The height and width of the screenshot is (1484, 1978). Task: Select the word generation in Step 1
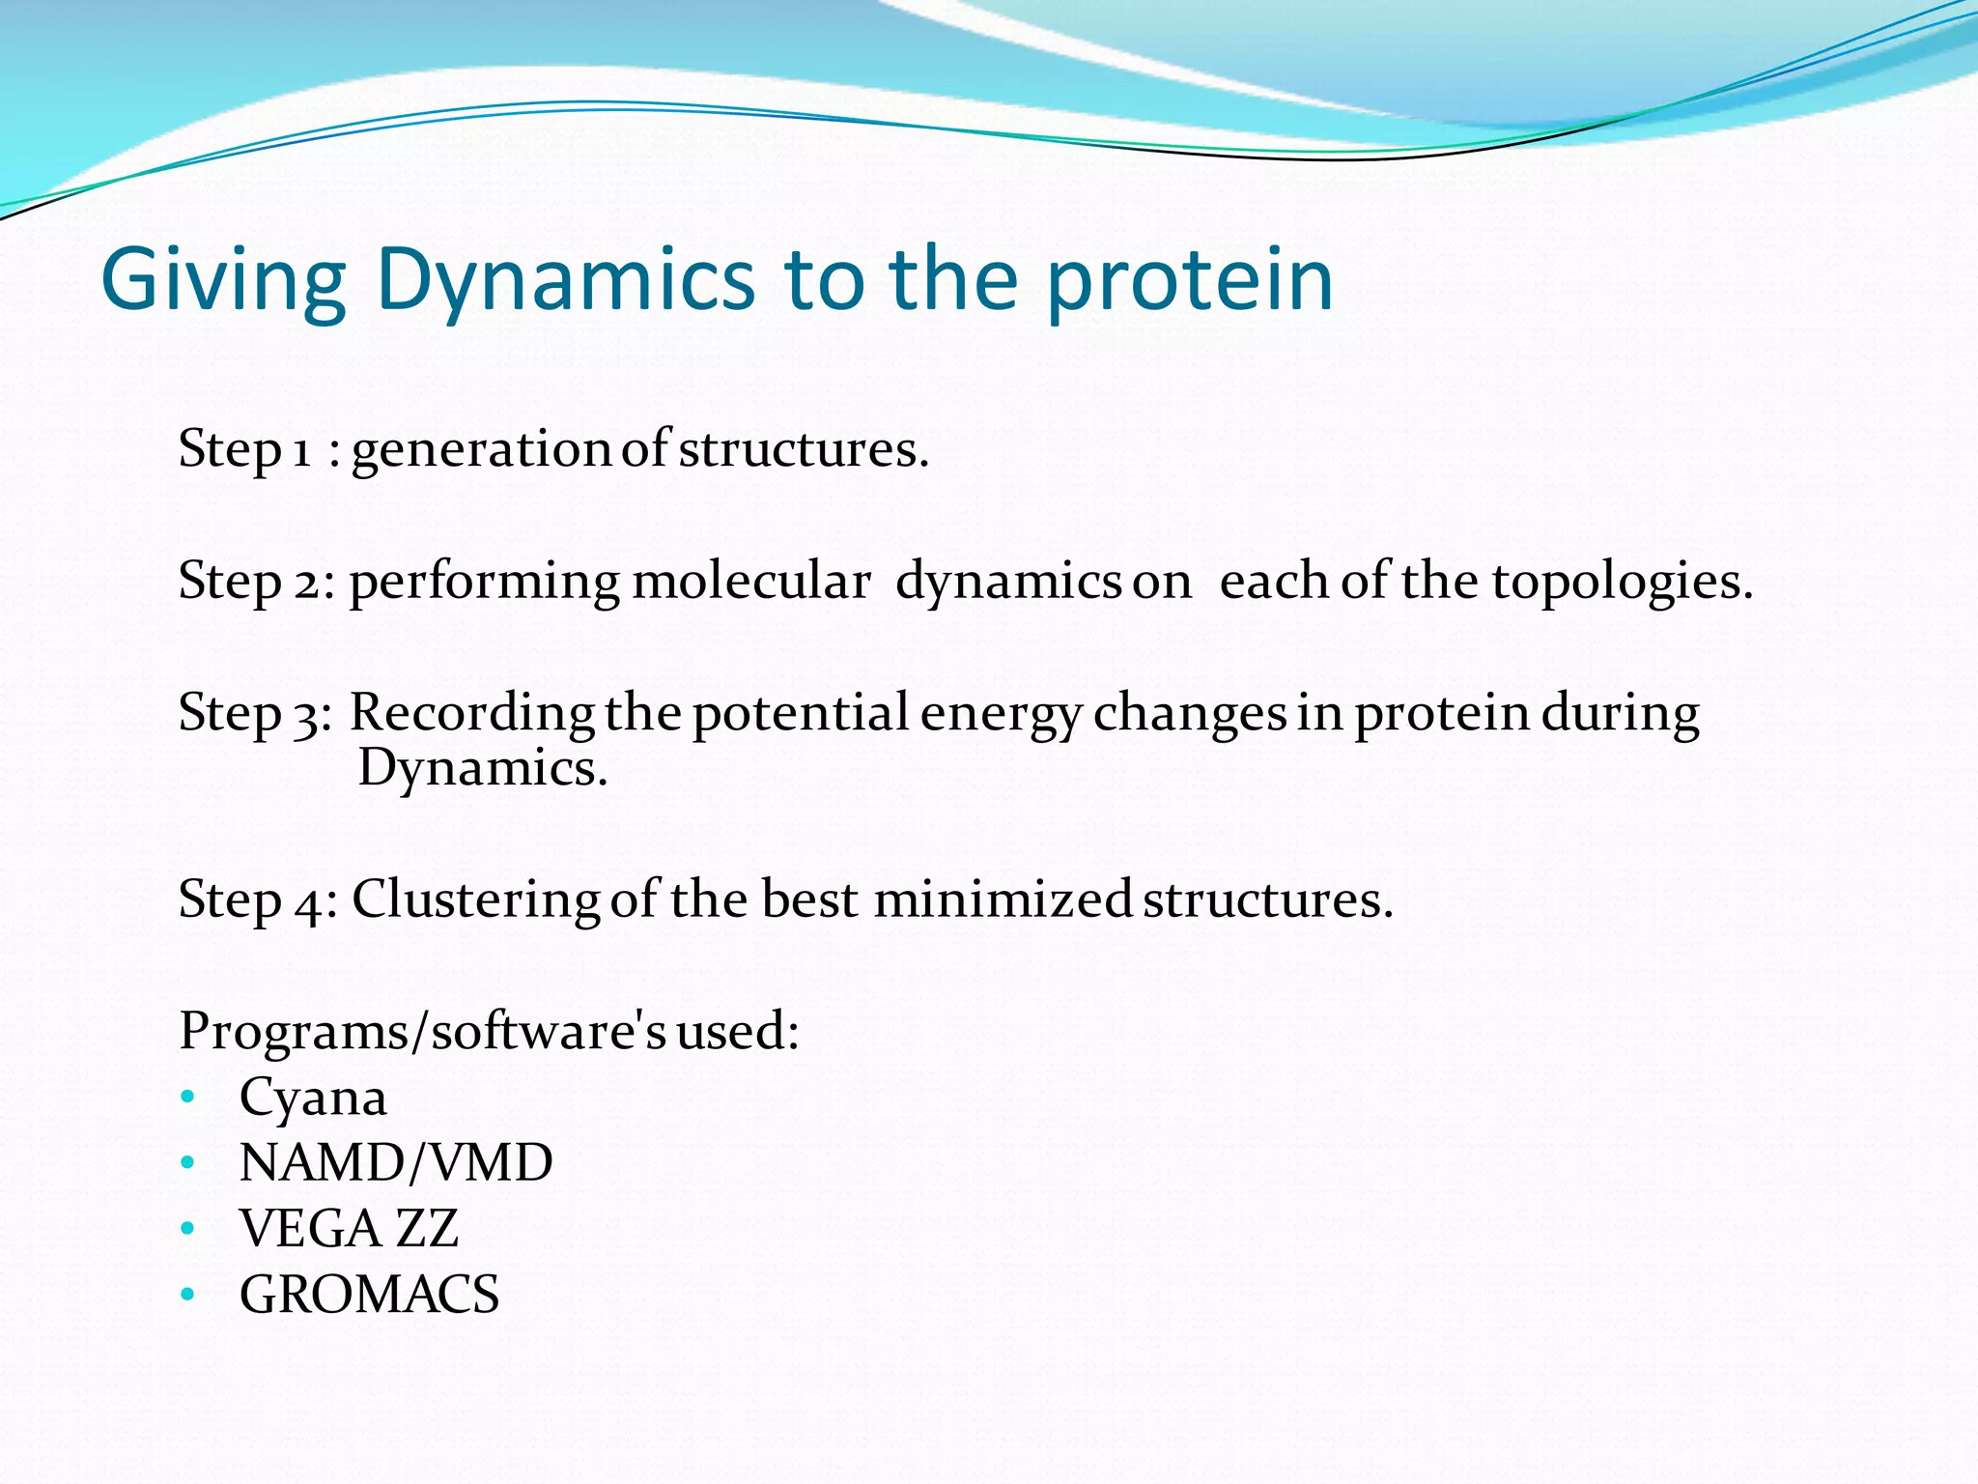point(480,450)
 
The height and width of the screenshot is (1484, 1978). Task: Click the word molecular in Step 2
point(750,582)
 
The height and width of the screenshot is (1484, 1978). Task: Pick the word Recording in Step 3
point(471,713)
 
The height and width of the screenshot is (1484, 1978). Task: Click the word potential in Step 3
point(801,713)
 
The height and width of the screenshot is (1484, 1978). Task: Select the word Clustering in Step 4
point(475,899)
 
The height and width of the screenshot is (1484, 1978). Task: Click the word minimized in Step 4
point(1003,899)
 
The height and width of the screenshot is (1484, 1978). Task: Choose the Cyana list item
point(313,1098)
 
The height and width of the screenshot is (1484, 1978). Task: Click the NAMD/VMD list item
point(396,1162)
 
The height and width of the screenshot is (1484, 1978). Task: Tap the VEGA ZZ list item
point(349,1229)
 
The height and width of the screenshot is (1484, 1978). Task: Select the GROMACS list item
point(369,1295)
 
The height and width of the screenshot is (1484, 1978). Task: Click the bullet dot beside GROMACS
point(187,1295)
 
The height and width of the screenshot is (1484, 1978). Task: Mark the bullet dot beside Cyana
point(187,1098)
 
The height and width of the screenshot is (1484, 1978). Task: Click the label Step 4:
point(258,899)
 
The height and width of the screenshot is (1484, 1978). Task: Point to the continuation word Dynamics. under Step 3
point(483,769)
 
